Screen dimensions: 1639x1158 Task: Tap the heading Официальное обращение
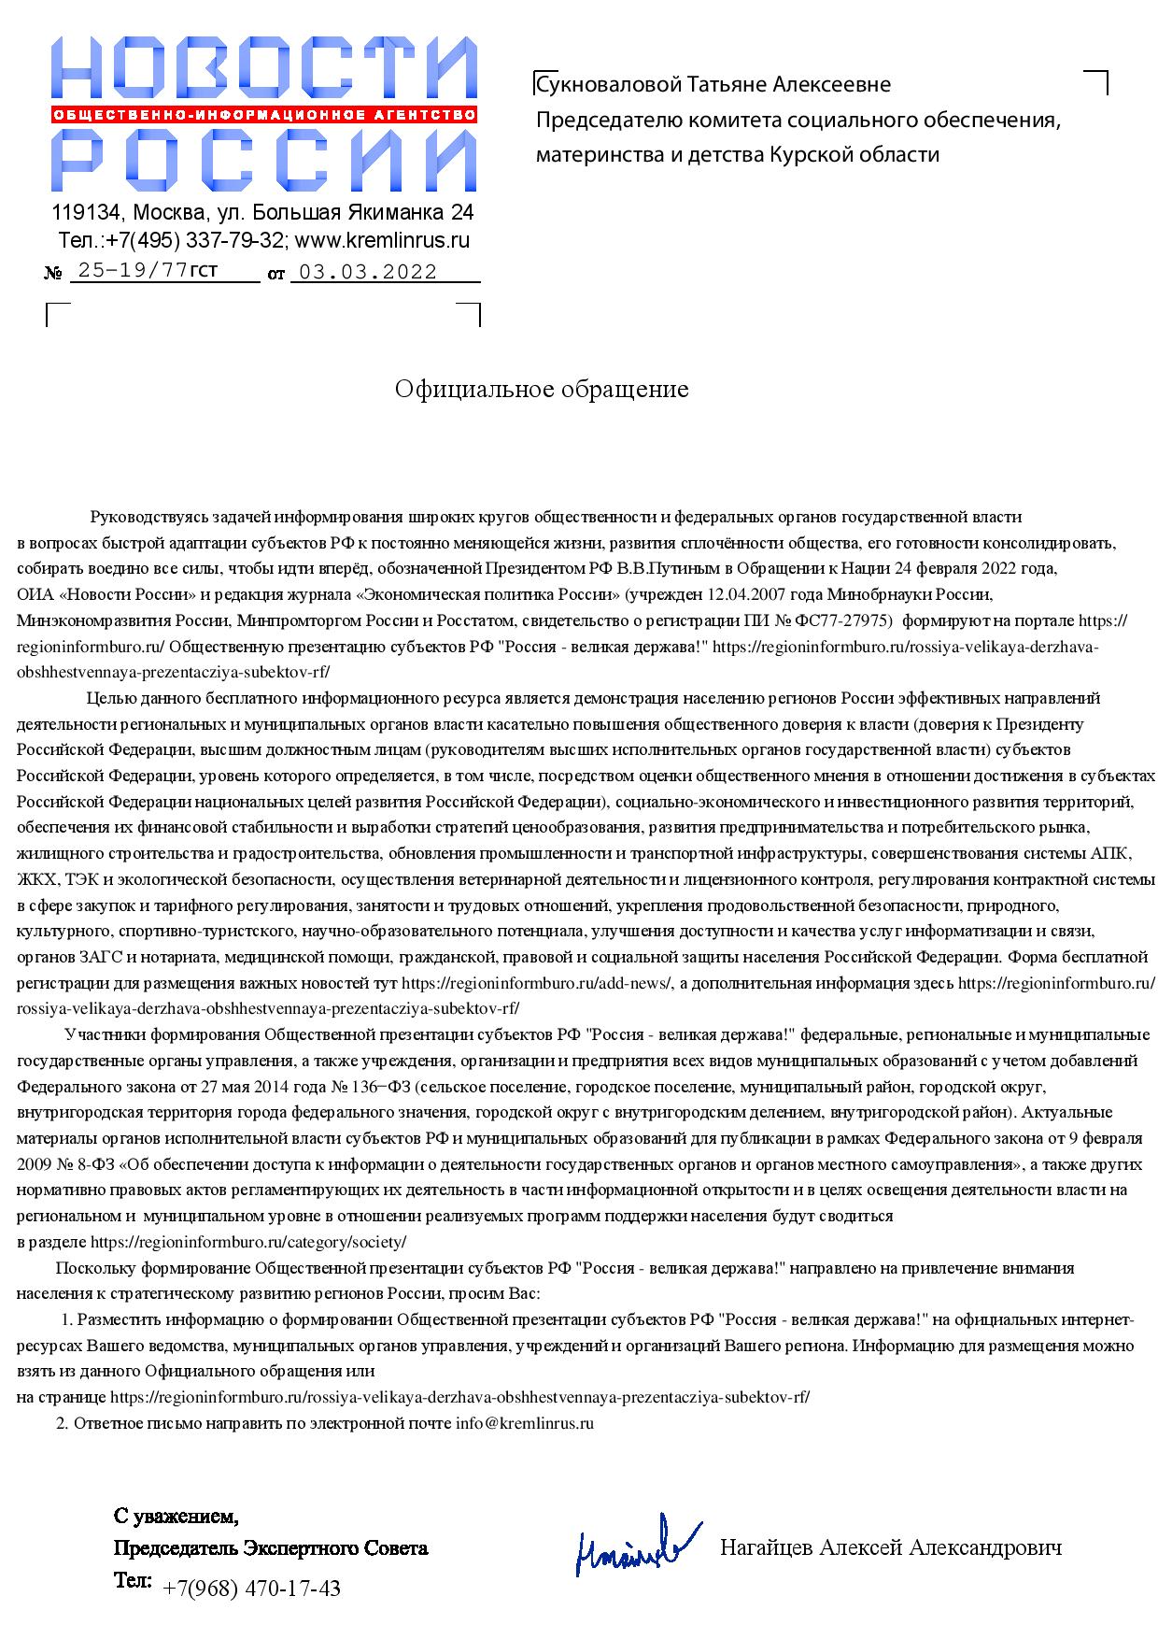coord(541,389)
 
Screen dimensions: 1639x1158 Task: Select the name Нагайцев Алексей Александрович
coord(890,1547)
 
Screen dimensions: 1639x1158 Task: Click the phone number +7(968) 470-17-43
coord(251,1588)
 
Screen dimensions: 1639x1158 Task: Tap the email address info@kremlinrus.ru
coord(525,1423)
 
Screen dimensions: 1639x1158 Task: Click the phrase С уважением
coord(176,1515)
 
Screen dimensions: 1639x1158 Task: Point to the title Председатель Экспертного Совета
coord(271,1548)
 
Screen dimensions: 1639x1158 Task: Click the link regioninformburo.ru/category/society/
coord(247,1242)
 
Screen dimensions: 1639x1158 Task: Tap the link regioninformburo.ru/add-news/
coord(536,983)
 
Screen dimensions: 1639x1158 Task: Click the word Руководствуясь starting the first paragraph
coord(145,517)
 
